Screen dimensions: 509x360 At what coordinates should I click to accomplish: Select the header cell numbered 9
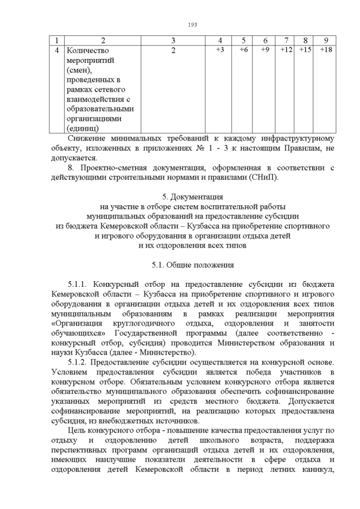click(326, 40)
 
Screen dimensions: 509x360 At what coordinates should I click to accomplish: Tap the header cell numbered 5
click(244, 40)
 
